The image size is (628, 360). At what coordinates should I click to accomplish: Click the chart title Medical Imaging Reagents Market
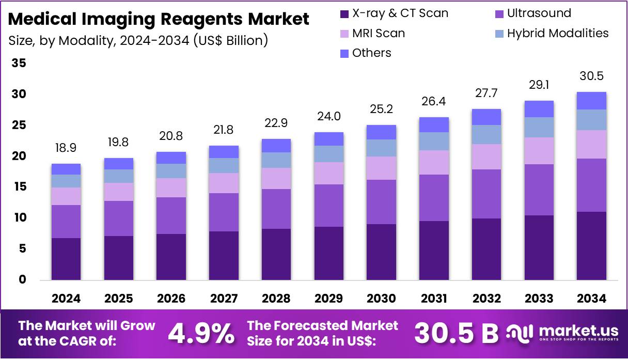click(x=159, y=19)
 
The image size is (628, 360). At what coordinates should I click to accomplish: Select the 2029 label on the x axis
click(x=328, y=299)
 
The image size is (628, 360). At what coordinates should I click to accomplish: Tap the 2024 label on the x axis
click(x=66, y=299)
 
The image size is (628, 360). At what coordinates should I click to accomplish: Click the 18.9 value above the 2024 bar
click(x=66, y=149)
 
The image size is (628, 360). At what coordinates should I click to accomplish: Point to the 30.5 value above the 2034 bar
click(x=591, y=76)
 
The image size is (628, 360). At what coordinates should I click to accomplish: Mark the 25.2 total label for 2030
click(x=381, y=109)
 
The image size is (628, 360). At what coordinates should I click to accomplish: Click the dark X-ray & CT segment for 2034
click(x=591, y=246)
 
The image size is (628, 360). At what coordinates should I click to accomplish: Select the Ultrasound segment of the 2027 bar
click(x=224, y=212)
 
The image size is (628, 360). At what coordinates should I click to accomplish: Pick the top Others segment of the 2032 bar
click(x=486, y=117)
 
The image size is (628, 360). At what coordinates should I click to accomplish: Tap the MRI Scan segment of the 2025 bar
click(x=119, y=192)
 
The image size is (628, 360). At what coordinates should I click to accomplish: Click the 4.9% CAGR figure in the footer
click(x=201, y=334)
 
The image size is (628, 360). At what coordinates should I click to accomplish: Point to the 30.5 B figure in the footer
click(x=457, y=334)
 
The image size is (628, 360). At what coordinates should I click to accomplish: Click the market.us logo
click(x=563, y=333)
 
